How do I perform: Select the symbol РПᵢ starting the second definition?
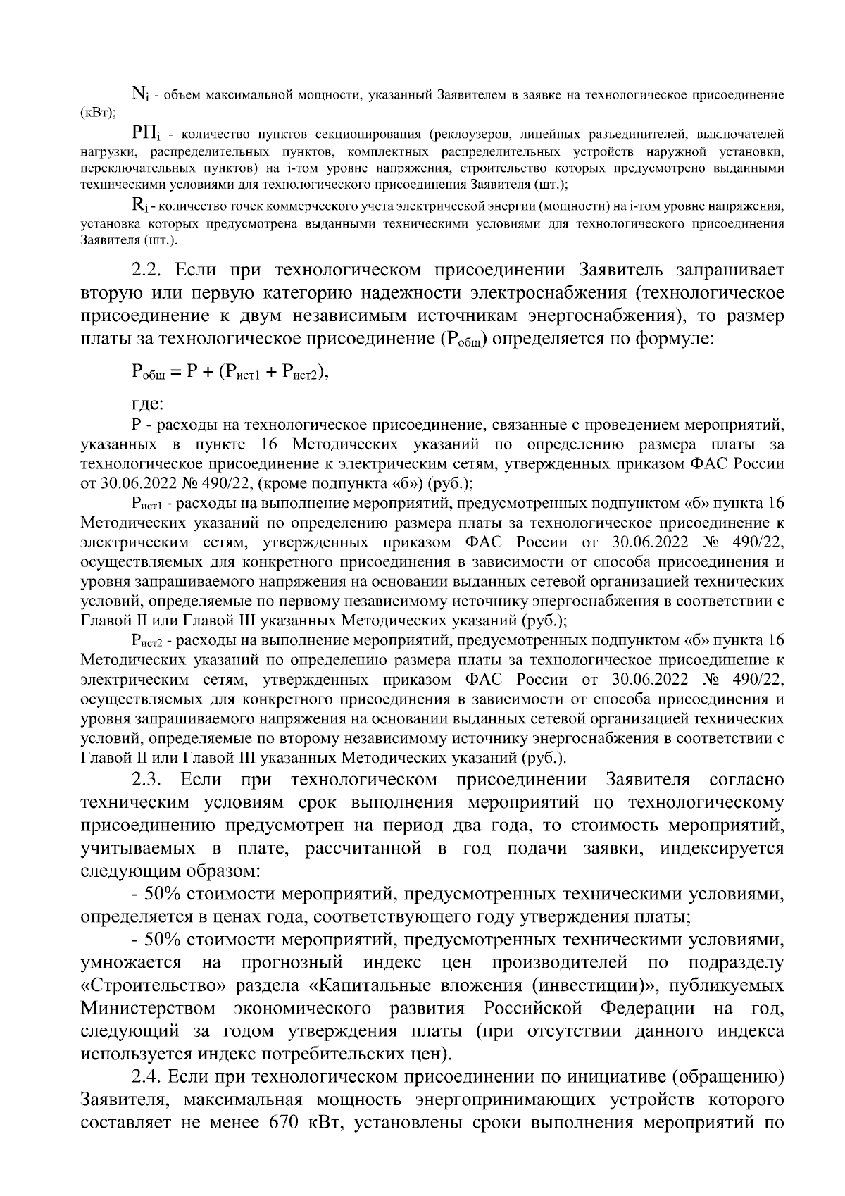coord(146,134)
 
